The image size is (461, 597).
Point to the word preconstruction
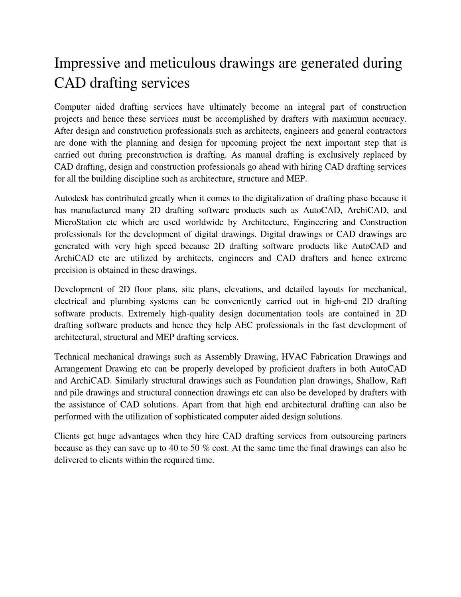coord(154,155)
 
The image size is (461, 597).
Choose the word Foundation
coord(274,381)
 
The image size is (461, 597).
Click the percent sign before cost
coord(206,448)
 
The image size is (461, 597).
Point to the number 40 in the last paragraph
coord(173,448)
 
